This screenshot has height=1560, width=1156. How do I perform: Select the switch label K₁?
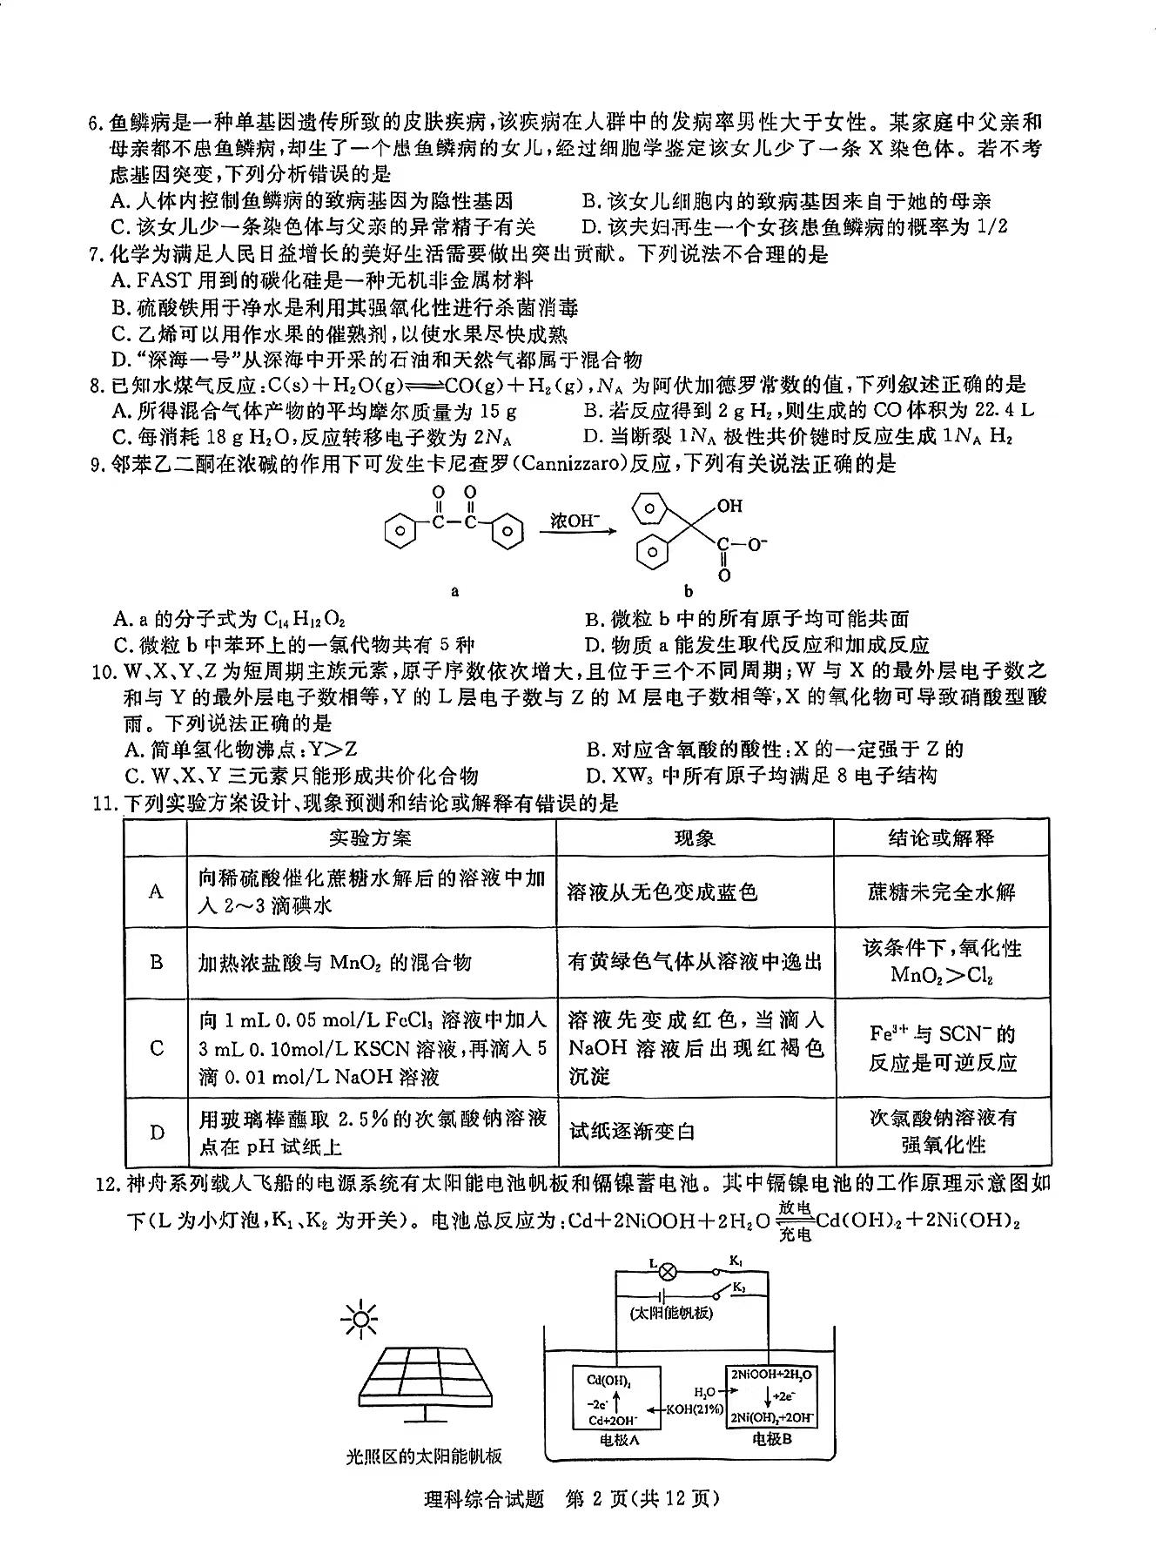tap(736, 1260)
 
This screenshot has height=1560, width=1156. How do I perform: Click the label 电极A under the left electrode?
tap(620, 1439)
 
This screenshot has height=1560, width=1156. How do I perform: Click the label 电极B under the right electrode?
tap(772, 1439)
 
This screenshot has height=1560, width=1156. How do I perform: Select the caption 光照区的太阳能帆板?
tap(423, 1456)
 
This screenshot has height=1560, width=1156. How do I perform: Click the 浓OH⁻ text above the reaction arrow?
tap(575, 521)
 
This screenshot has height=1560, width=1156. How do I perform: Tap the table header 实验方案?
tap(371, 837)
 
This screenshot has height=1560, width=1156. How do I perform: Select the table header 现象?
tap(695, 837)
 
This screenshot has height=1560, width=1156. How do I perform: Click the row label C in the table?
tap(157, 1047)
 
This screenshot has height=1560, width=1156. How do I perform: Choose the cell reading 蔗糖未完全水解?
tap(941, 891)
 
